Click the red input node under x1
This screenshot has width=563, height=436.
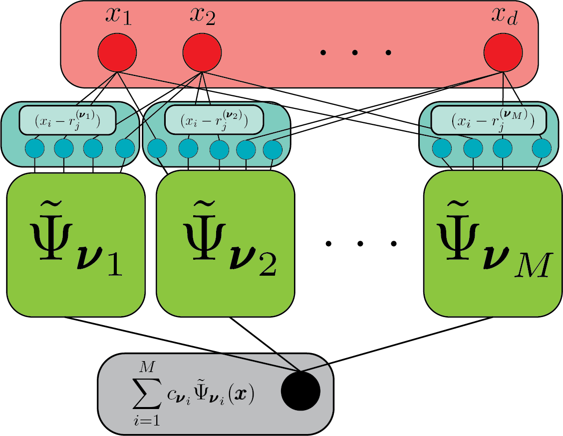117,53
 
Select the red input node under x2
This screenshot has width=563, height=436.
202,53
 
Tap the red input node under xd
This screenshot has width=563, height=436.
503,53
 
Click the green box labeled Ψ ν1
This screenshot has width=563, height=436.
76,245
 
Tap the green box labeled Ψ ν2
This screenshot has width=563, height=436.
226,245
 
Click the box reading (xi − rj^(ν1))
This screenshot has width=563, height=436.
67,121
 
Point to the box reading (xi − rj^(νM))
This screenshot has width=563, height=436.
489,121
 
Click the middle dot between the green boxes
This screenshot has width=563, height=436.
361,244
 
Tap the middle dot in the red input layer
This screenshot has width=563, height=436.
355,52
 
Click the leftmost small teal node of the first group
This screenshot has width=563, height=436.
34,148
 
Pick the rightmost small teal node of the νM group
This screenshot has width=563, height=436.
541,148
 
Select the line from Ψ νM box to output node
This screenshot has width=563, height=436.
394,345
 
